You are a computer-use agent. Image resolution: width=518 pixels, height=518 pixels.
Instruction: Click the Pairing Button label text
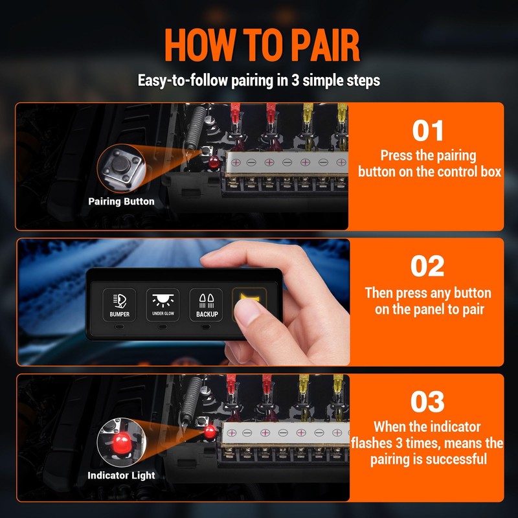(x=121, y=201)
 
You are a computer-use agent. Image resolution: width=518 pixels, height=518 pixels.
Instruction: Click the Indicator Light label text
(x=121, y=475)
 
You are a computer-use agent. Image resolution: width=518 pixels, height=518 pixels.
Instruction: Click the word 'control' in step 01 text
(x=452, y=172)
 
